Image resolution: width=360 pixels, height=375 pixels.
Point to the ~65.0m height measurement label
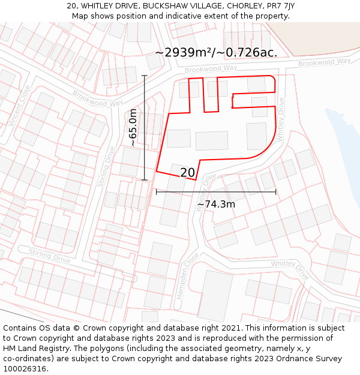point(133,127)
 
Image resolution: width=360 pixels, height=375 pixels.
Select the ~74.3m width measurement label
point(216,204)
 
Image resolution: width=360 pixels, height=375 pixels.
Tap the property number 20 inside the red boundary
point(187,173)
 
